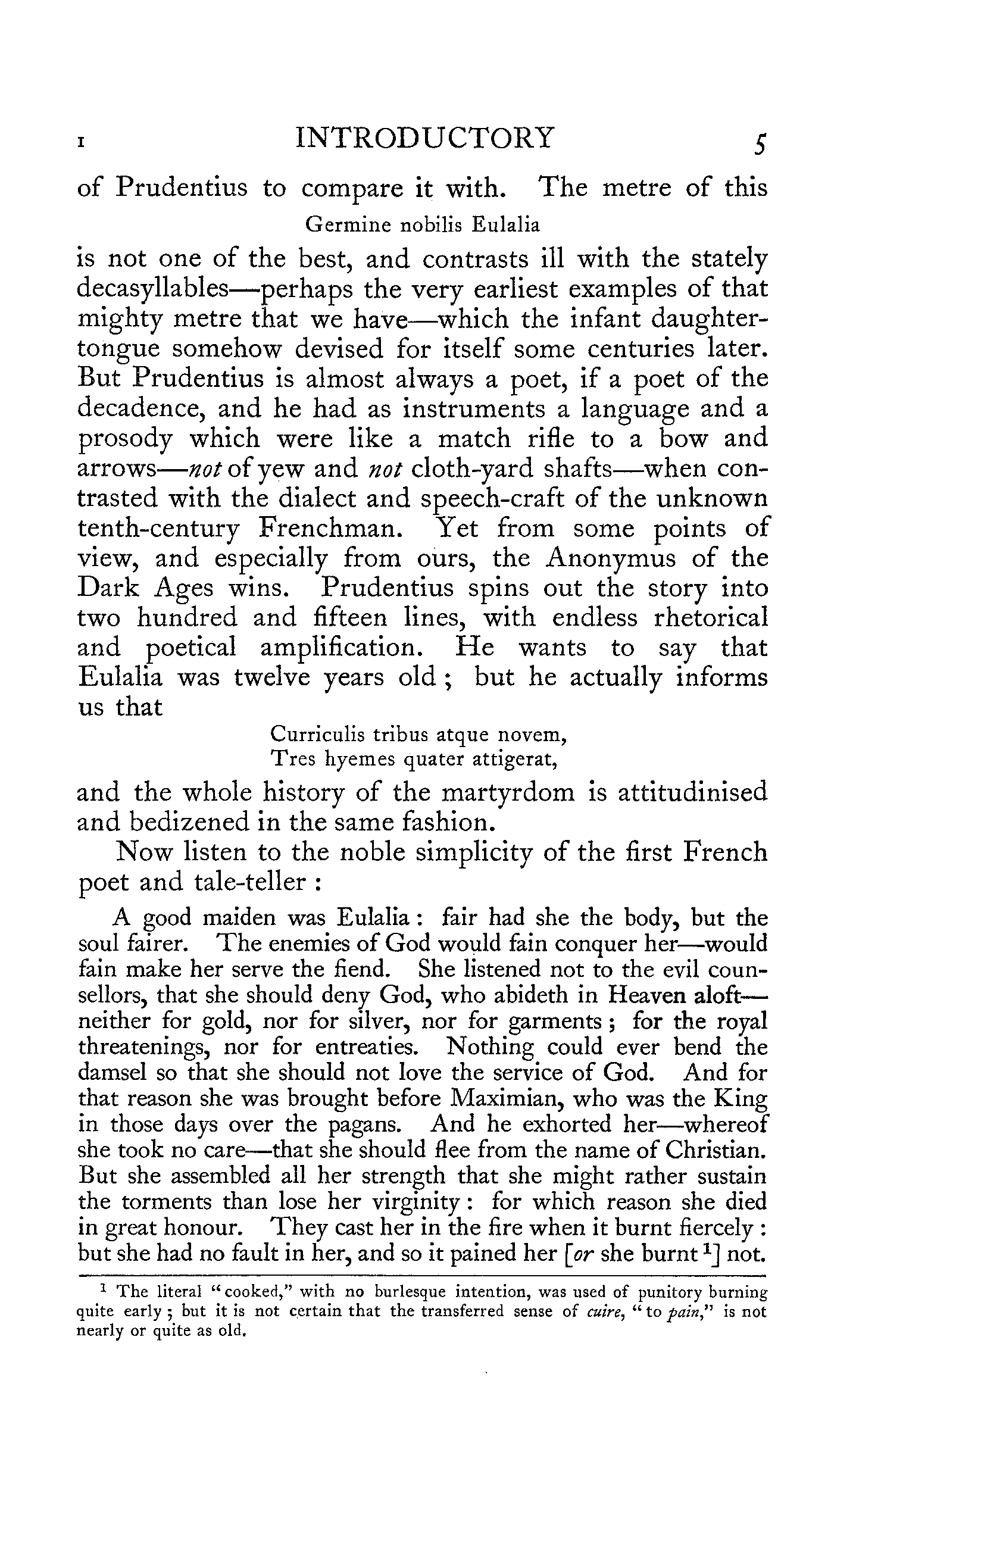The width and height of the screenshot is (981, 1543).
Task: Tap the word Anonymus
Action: coord(611,558)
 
